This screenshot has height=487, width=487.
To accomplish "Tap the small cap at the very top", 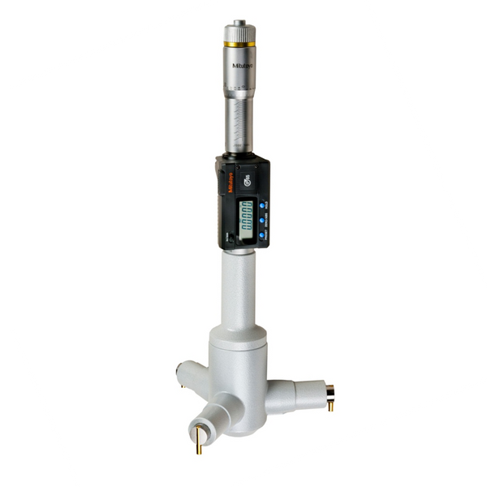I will [239, 23].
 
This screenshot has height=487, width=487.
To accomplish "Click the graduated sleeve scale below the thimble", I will [238, 126].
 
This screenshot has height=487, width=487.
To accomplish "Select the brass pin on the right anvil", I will [330, 404].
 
